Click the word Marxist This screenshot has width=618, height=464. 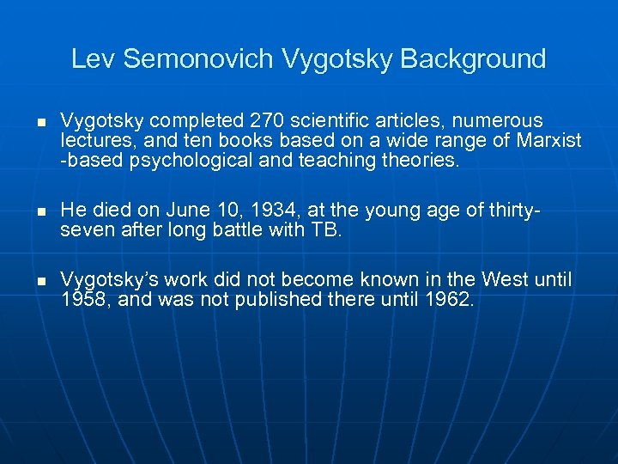click(x=548, y=140)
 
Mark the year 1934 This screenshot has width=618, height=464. click(x=274, y=211)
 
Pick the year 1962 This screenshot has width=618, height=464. click(x=444, y=300)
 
